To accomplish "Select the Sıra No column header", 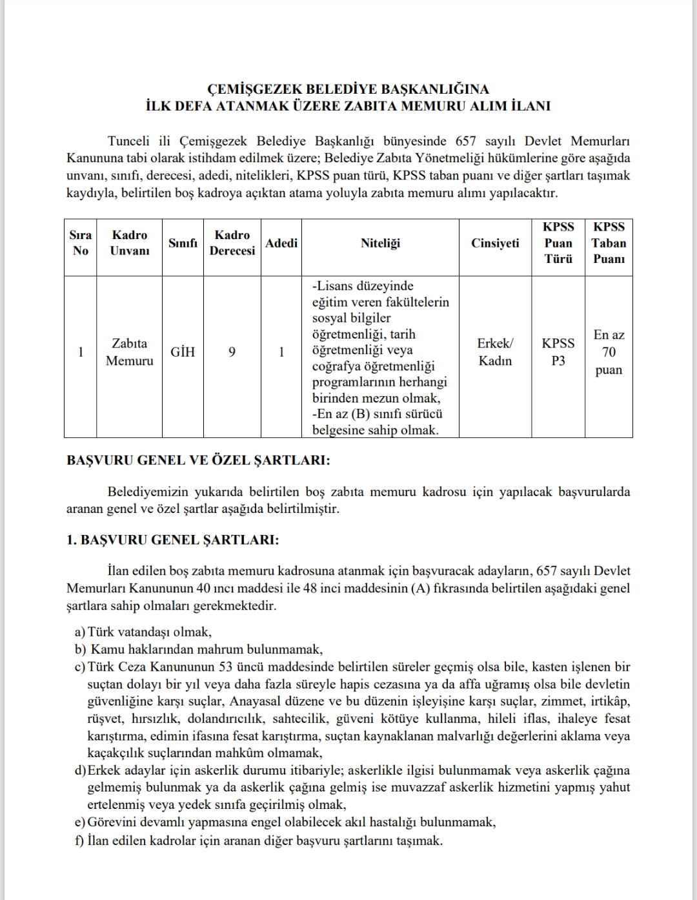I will [81, 243].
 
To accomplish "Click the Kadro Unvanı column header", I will [130, 243].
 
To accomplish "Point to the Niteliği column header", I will [380, 243].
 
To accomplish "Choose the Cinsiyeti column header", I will [495, 243].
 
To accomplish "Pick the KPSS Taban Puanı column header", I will [609, 243].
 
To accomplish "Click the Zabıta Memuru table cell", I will [130, 352].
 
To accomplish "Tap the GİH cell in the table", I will [183, 352].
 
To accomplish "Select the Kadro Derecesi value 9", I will [232, 352].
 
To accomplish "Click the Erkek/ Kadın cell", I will [495, 352].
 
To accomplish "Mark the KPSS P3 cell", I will [558, 352].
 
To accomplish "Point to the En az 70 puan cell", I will [609, 352].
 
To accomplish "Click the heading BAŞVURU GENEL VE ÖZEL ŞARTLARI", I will [199, 461].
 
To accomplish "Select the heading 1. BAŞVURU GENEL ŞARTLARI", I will [173, 540].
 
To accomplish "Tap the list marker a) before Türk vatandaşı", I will [80, 632].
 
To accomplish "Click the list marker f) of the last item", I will [80, 841].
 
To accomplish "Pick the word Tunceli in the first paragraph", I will [129, 141].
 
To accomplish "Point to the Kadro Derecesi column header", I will [232, 243].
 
